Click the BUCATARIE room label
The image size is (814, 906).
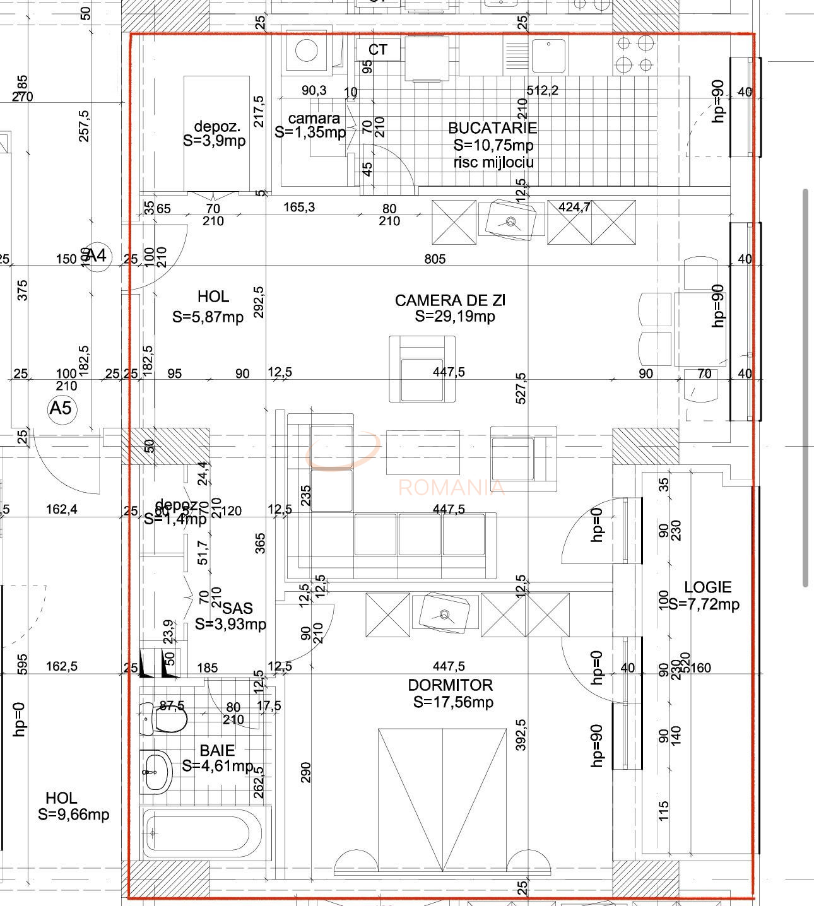coord(492,128)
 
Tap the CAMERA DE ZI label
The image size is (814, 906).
coord(450,300)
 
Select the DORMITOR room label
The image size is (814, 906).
coord(450,685)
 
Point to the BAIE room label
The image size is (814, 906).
coord(217,750)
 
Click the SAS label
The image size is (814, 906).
coord(237,608)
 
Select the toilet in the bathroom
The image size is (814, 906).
coord(165,719)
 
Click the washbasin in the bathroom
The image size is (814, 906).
coord(156,772)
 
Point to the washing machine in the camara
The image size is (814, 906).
coord(307,52)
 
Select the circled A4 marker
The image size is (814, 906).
coord(98,256)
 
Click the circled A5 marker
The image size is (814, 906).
coord(61,408)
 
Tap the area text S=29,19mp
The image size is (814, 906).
coord(454,317)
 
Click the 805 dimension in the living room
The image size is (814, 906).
coord(435,259)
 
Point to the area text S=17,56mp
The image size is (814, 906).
coord(453,702)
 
